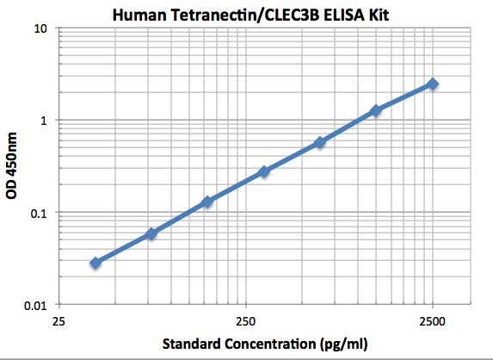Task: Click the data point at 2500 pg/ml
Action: [433, 84]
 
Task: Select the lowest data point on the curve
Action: [96, 262]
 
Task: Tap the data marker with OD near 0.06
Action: [151, 233]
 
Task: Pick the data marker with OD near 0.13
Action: [207, 202]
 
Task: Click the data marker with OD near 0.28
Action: [264, 171]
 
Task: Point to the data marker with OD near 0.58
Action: [320, 142]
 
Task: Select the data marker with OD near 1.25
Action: [376, 110]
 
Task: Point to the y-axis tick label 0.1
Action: [40, 213]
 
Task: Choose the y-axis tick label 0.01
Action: [36, 305]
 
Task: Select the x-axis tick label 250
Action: [246, 321]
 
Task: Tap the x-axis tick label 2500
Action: [433, 321]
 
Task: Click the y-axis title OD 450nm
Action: [12, 166]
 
